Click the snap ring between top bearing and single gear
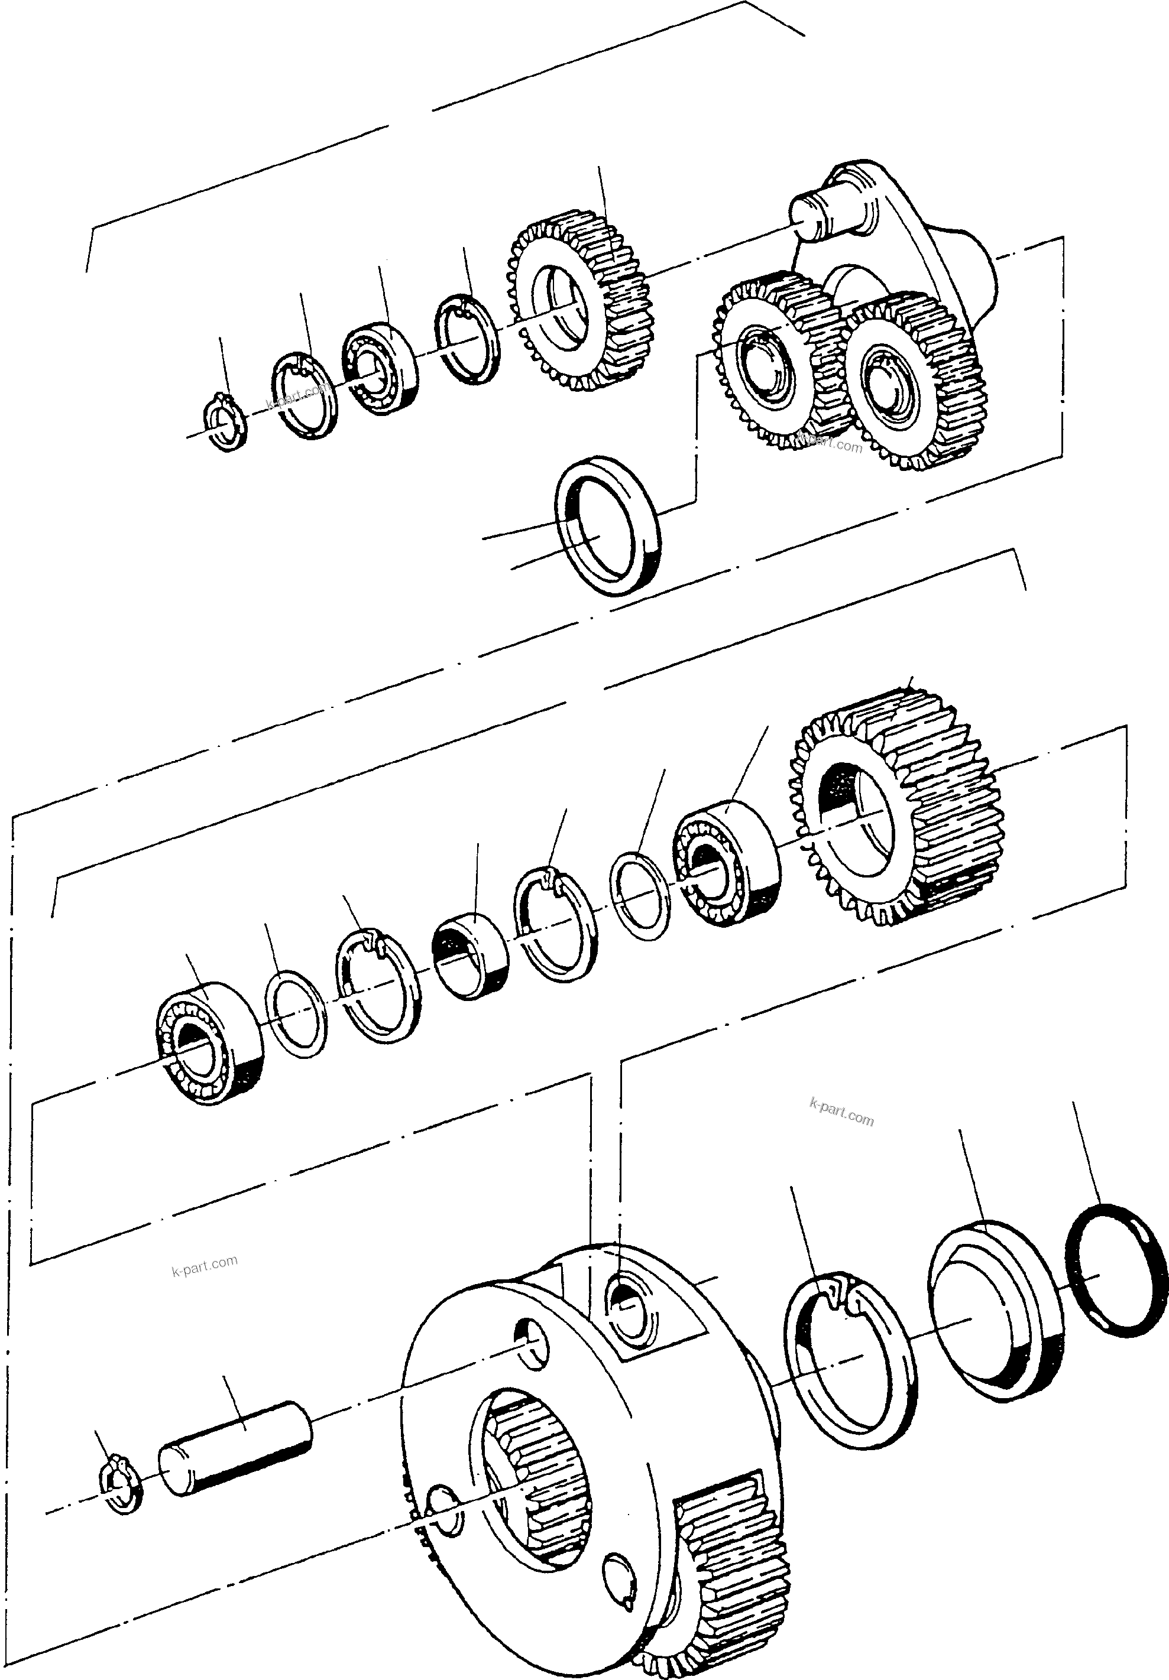pos(467,338)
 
